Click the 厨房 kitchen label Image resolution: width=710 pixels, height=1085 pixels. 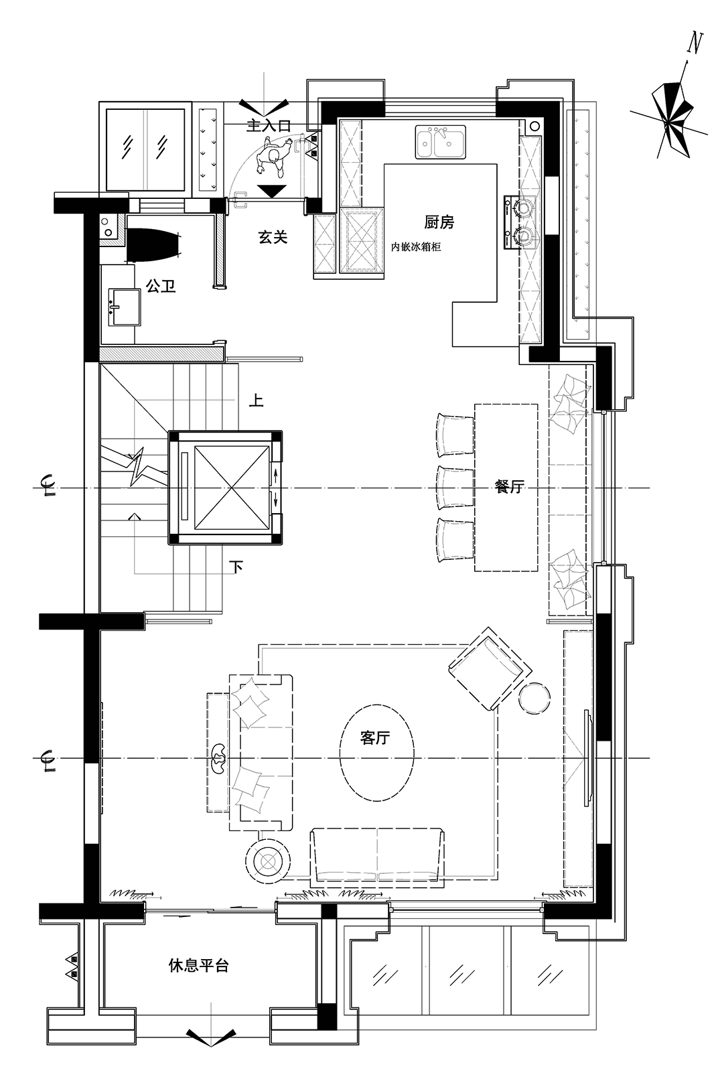pyautogui.click(x=439, y=222)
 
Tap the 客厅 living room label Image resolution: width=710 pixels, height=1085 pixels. pyautogui.click(x=375, y=737)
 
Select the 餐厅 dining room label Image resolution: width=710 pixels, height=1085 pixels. pyautogui.click(x=510, y=486)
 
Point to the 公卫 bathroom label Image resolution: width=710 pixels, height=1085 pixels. pyautogui.click(x=160, y=286)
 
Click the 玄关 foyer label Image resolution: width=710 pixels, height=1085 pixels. pyautogui.click(x=273, y=237)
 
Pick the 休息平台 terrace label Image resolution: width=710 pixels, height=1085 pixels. pyautogui.click(x=198, y=965)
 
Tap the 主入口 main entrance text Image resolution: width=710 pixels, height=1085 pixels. pyautogui.click(x=268, y=126)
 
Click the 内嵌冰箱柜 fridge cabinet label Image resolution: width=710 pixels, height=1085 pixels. pyautogui.click(x=416, y=246)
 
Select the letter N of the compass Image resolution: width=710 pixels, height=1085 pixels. pyautogui.click(x=695, y=43)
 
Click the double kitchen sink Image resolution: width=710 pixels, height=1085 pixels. pyautogui.click(x=440, y=142)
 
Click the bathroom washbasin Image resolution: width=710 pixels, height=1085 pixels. pyautogui.click(x=124, y=307)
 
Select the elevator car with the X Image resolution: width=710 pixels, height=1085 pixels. pyautogui.click(x=231, y=488)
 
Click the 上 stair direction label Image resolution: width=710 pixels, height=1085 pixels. pyautogui.click(x=256, y=401)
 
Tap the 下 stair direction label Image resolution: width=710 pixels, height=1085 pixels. pyautogui.click(x=236, y=567)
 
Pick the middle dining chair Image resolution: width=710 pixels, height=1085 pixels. pyautogui.click(x=455, y=488)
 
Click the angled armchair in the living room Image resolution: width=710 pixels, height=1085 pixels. pyautogui.click(x=490, y=668)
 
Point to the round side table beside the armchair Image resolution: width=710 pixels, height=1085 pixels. pyautogui.click(x=535, y=698)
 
